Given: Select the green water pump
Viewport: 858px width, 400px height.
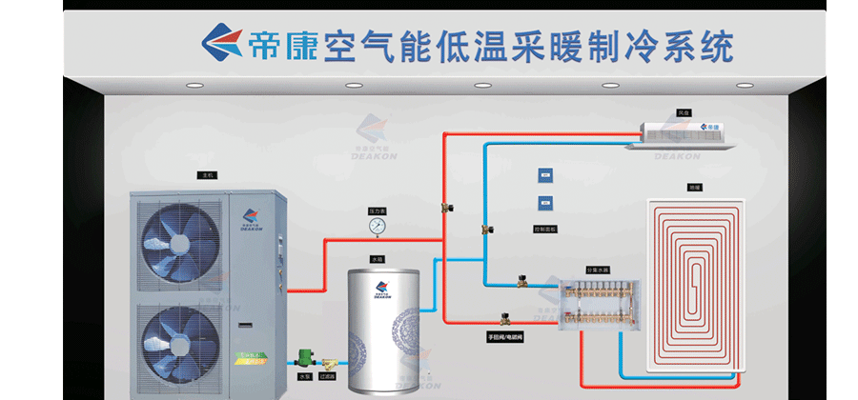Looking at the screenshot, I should pos(306,359).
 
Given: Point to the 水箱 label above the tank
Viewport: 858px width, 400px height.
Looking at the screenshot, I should pos(378,258).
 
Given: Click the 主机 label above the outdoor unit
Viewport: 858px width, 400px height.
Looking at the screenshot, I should pos(207,175).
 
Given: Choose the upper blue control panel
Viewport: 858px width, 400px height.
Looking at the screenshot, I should pos(544,175).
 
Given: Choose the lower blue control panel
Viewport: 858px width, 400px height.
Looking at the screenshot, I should pos(544,202).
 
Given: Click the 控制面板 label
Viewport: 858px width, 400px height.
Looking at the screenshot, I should pos(544,230).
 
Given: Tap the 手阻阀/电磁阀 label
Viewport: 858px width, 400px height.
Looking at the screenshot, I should pos(505,336).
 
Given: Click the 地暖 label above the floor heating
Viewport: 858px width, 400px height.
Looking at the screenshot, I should pos(693,187).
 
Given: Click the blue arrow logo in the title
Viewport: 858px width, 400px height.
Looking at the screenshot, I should pos(222,41).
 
